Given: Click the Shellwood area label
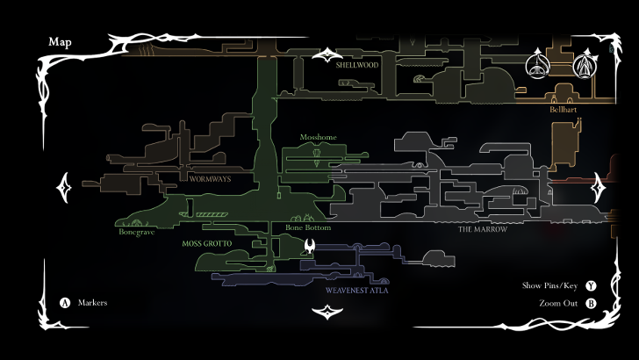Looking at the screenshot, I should [x=356, y=64].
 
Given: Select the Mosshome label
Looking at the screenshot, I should [x=318, y=138].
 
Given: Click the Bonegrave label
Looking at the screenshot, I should [x=137, y=232].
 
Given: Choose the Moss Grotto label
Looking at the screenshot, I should [x=204, y=242].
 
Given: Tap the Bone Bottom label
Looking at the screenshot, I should [x=308, y=228].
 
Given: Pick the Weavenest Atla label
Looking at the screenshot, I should [x=356, y=289].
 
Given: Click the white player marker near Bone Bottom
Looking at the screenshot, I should [x=308, y=248].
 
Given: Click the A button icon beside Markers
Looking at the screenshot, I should [x=64, y=303].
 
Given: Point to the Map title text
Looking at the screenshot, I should [x=60, y=41].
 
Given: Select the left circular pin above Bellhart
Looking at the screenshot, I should [x=536, y=66].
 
